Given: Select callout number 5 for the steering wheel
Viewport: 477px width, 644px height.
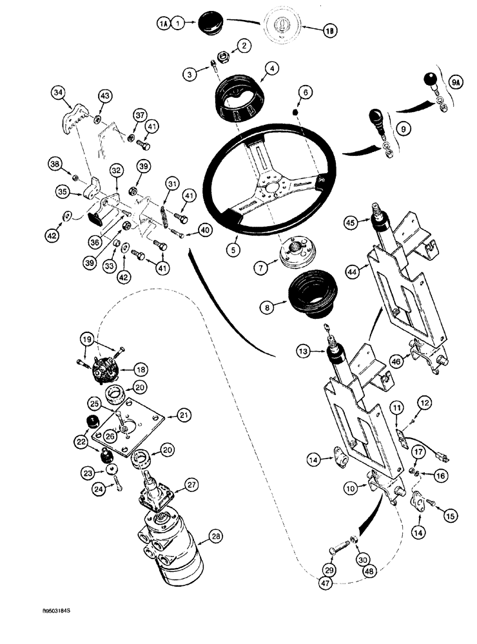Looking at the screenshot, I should coord(233,245).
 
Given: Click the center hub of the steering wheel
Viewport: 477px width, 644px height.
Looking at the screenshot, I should coord(273,189).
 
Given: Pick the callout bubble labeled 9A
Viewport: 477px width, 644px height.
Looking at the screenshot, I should coord(456,82).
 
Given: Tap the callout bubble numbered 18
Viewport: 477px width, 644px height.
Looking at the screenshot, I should coord(140,368).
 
